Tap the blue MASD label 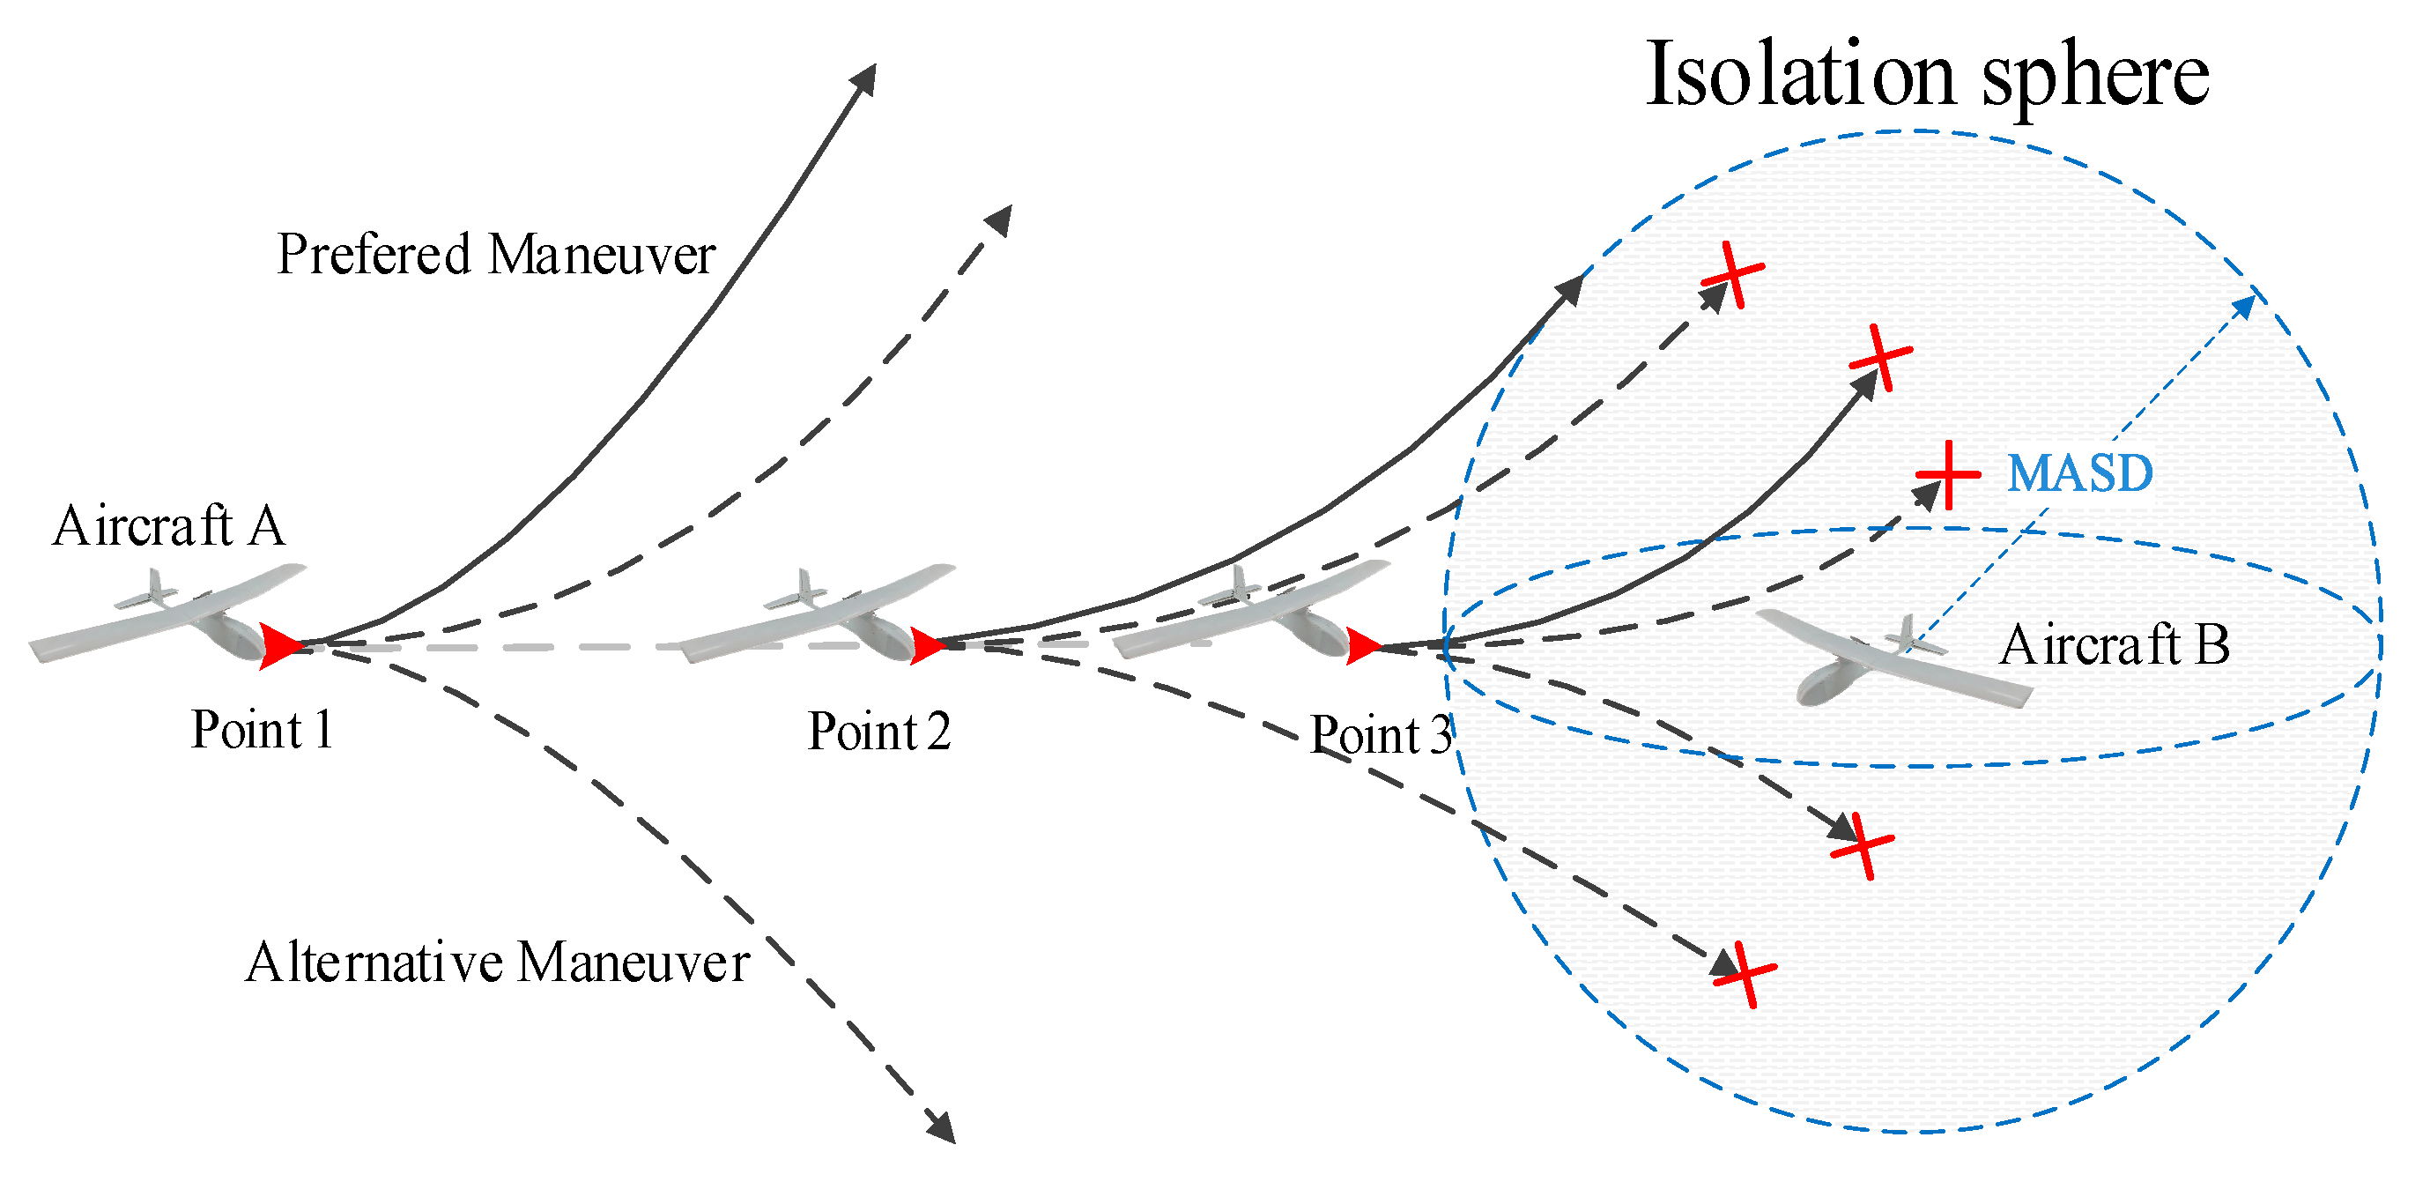pos(2079,473)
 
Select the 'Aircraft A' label pos(169,525)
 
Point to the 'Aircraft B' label pos(2114,645)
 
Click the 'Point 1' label pos(262,729)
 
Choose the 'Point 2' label pos(879,731)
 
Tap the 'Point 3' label pos(1380,735)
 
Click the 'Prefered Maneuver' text pos(496,255)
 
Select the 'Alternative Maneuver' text pos(497,963)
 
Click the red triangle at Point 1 pos(279,646)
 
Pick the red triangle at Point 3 pos(1363,647)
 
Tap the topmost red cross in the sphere pos(1733,274)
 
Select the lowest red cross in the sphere pos(1745,973)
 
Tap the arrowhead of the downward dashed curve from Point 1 pos(943,1127)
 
